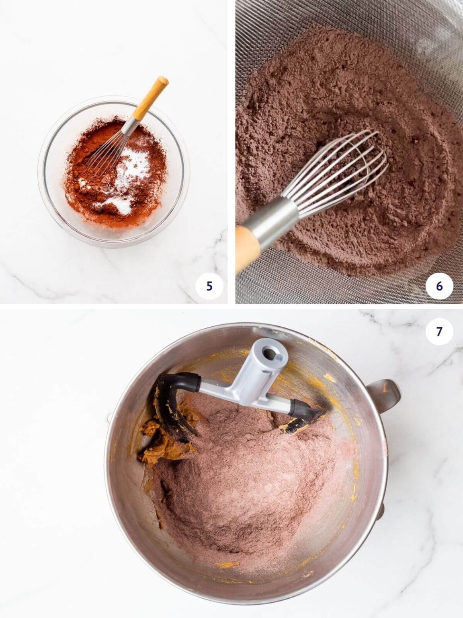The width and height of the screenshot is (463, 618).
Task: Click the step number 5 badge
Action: click(x=209, y=286)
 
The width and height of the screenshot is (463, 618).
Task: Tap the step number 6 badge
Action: click(x=439, y=286)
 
